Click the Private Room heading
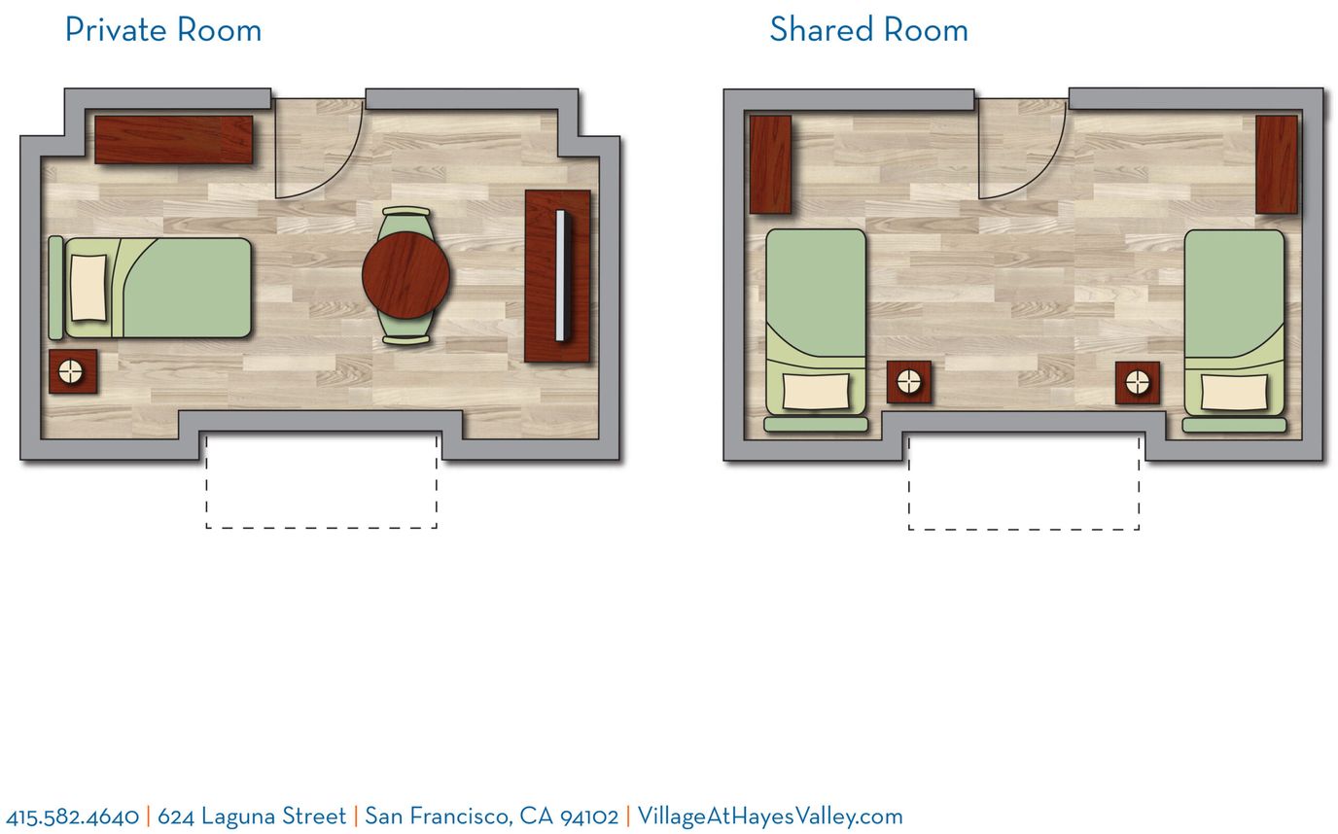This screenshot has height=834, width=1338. tap(163, 30)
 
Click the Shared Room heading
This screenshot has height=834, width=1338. tap(868, 30)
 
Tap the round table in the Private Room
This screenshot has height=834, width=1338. tap(405, 275)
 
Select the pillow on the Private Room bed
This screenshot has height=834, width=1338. tap(88, 288)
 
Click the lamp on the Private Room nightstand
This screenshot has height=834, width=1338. tap(70, 372)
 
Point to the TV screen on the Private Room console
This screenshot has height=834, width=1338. tap(561, 276)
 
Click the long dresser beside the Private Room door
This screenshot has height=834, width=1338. tap(174, 140)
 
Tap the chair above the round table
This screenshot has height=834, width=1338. tap(405, 221)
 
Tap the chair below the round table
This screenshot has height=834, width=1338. tap(405, 330)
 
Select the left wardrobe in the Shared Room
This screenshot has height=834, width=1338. tap(770, 164)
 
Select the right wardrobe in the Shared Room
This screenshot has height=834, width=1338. tap(1277, 164)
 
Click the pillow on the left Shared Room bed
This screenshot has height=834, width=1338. tap(815, 392)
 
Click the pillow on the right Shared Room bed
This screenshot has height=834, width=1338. tap(1233, 393)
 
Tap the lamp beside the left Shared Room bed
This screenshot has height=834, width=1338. tap(909, 381)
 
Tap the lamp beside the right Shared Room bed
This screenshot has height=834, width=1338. tap(1138, 382)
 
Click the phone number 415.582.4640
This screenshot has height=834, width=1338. tap(73, 817)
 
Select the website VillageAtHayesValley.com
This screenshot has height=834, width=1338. tap(770, 817)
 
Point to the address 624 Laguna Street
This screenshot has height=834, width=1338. tap(252, 817)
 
